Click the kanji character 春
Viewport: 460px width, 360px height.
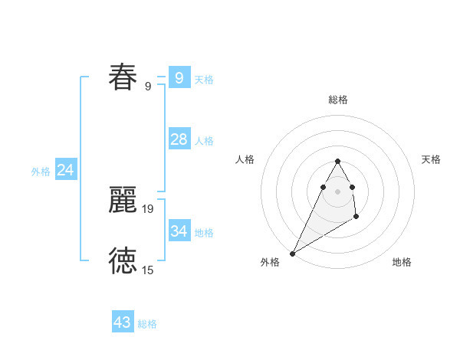123,77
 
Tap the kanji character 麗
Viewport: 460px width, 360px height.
123,200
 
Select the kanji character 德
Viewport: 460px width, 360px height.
123,261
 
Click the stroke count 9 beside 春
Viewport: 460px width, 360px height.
148,87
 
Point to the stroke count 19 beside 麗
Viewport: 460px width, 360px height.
148,208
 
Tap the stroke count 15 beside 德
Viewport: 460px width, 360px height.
148,270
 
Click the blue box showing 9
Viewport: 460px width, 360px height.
179,77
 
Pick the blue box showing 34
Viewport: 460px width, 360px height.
179,231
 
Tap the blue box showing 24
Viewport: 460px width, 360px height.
66,170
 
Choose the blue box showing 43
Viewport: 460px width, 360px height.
123,322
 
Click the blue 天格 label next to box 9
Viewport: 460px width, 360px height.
204,80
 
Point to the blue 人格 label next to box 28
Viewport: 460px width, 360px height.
204,141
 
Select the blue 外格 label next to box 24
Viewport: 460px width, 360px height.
41,172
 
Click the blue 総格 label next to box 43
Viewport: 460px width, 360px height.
147,325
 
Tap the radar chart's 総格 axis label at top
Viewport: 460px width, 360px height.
338,100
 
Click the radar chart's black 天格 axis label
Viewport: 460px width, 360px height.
431,159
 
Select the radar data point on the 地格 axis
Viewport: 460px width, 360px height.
356,218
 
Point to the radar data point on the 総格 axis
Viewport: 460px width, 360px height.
337,161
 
